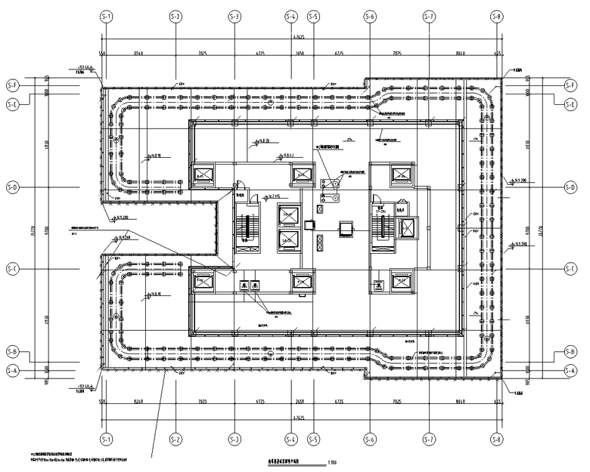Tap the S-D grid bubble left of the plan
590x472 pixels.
[x=12, y=187]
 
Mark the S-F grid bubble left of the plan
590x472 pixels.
[x=12, y=85]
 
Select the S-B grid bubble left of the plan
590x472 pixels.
[x=12, y=352]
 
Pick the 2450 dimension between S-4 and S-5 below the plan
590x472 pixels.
[x=301, y=402]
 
